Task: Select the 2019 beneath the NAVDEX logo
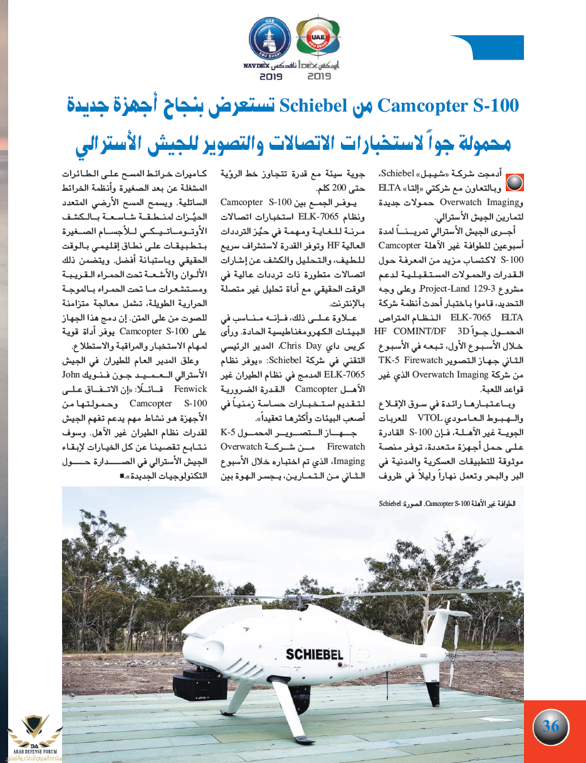[271, 77]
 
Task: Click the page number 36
[550, 727]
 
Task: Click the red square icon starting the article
[513, 182]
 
